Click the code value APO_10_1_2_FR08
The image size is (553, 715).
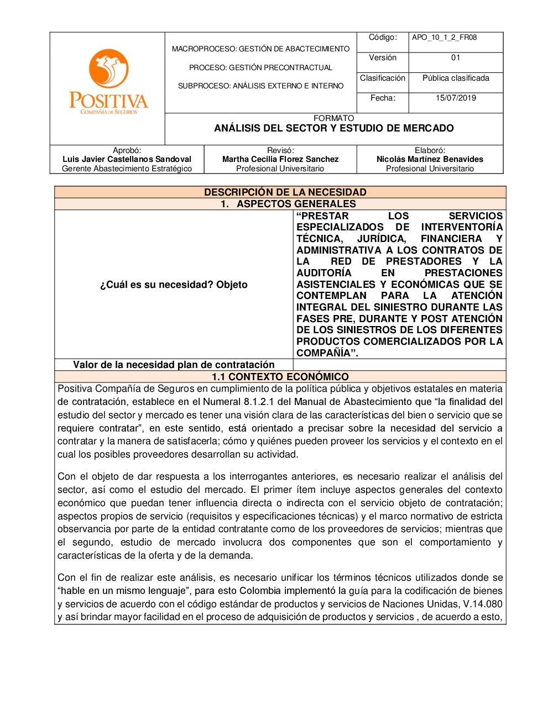[x=444, y=38]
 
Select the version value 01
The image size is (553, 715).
[x=456, y=57]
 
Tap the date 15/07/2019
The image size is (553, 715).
[x=456, y=98]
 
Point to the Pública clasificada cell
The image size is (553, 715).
[x=456, y=78]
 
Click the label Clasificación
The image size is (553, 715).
[x=383, y=78]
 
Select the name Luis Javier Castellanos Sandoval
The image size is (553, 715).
[x=127, y=159]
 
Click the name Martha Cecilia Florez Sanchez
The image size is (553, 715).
[x=280, y=159]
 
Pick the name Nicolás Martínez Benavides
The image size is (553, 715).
[x=430, y=159]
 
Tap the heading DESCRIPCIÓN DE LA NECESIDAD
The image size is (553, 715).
[x=285, y=192]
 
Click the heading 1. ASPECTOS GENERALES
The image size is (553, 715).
[x=288, y=204]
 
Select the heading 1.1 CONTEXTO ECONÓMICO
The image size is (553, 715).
[x=280, y=377]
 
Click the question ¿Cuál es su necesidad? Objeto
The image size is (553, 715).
[x=174, y=285]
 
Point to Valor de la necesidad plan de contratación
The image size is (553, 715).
[x=174, y=365]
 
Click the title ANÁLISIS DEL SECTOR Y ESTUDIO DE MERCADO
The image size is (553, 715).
[x=334, y=128]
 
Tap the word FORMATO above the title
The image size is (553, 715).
[x=333, y=118]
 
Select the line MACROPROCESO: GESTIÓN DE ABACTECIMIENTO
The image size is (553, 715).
[x=260, y=49]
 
